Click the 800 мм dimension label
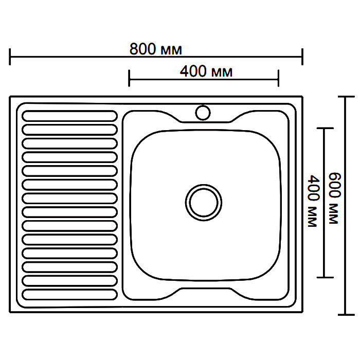tap(156, 49)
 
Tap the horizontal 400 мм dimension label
tap(206, 71)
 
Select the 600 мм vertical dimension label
tap(334, 199)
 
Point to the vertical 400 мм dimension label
tap(314, 201)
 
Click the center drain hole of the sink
tap(204, 203)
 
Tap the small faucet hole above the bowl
tap(203, 113)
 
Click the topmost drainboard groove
tap(70, 116)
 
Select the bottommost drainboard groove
tap(70, 295)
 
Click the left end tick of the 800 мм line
tap(10, 57)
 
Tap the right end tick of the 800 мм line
tap(302, 57)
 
